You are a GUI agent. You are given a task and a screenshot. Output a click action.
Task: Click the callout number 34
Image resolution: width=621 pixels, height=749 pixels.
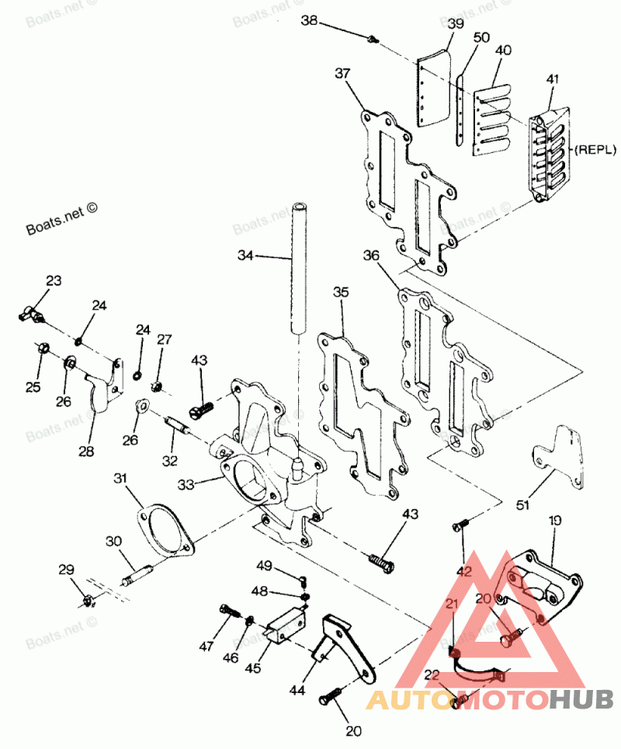pyautogui.click(x=246, y=255)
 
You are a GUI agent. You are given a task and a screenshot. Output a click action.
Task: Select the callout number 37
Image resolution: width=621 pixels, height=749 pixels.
pyautogui.click(x=343, y=74)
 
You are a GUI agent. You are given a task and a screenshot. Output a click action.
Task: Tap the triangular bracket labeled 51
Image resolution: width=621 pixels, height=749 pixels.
pyautogui.click(x=561, y=459)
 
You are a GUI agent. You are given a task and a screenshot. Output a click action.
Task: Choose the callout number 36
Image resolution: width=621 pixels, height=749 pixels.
pyautogui.click(x=371, y=255)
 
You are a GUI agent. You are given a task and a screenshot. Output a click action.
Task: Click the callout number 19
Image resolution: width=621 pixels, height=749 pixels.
pyautogui.click(x=555, y=519)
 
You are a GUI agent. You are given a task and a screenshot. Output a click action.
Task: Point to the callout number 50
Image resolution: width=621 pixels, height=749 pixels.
pyautogui.click(x=481, y=37)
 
